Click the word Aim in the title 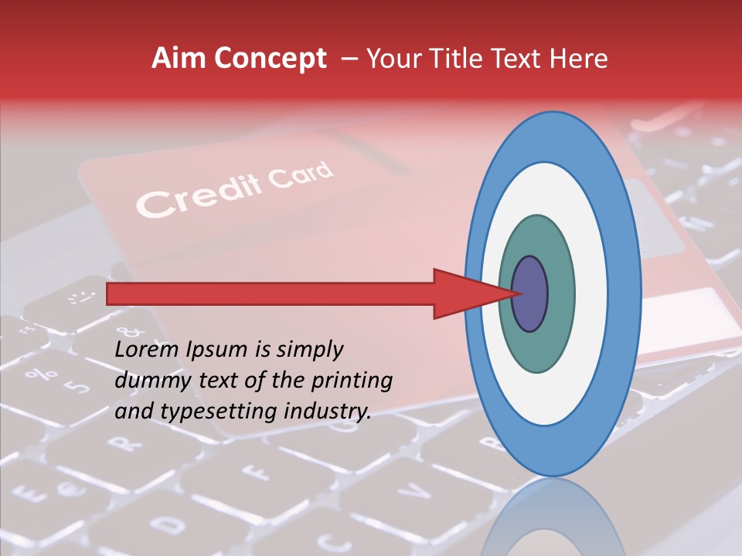179,59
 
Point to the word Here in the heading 578,59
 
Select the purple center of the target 530,294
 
